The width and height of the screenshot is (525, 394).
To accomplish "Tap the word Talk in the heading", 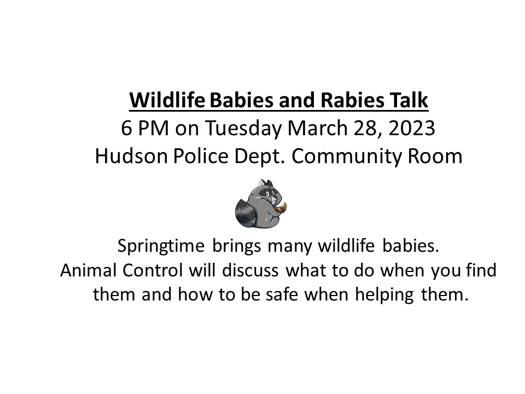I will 411,101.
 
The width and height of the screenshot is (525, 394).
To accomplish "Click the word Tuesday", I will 244,129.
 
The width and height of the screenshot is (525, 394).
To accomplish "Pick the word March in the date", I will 314,129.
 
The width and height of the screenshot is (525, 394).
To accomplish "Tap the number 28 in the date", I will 357,129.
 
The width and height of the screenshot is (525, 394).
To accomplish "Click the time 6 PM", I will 140,129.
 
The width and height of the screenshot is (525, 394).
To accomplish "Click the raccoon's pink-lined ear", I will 269,184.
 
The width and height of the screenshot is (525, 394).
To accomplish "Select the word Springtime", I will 161,247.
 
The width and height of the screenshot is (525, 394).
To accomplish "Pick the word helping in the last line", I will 383,294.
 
